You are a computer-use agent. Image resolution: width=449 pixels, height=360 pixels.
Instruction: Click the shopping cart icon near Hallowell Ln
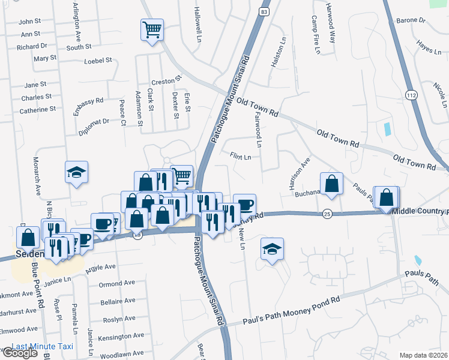(152, 29)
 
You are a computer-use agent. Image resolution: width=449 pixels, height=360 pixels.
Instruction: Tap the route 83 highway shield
(264, 11)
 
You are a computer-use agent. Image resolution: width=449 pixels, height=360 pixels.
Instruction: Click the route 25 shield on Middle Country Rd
(327, 213)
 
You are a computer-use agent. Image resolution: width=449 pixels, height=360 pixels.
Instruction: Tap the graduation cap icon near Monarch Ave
(77, 172)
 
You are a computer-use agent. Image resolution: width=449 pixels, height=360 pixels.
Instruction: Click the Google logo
(19, 353)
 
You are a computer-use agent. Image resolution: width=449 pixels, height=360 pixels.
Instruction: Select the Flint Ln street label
(240, 156)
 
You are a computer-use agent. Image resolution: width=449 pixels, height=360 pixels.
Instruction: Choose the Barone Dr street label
(411, 20)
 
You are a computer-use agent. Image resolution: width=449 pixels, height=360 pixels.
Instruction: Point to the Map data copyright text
(423, 355)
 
